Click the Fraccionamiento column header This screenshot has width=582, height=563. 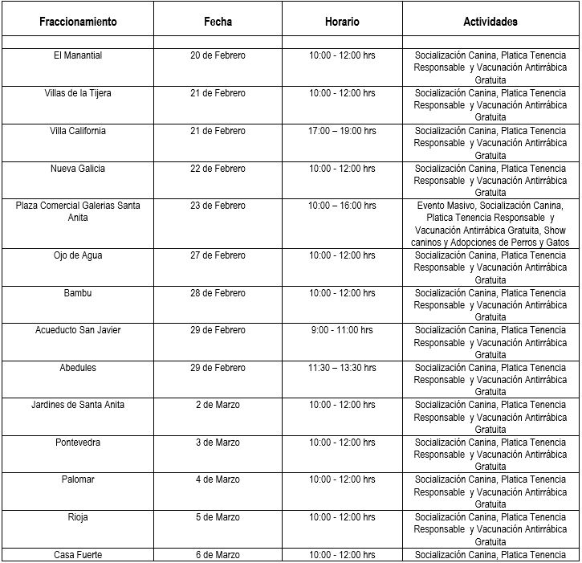click(78, 22)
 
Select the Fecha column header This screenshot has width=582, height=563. click(218, 22)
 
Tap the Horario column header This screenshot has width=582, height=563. click(342, 22)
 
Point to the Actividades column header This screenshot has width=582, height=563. click(490, 22)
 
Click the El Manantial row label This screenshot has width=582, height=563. click(78, 55)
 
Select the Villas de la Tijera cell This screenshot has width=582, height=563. click(78, 93)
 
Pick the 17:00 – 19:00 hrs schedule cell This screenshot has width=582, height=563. click(342, 131)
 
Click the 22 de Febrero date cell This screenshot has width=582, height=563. click(218, 169)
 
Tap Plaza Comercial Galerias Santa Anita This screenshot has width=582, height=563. click(78, 211)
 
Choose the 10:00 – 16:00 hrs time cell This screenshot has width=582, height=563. click(342, 206)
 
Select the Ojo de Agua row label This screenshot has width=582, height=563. click(78, 255)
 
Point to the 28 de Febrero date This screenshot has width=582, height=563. click(218, 293)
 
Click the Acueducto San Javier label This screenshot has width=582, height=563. click(78, 330)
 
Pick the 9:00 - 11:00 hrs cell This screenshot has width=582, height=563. click(342, 330)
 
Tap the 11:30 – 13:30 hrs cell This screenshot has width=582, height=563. click(342, 368)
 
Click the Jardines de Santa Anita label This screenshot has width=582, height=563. click(78, 405)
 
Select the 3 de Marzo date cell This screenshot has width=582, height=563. click(218, 443)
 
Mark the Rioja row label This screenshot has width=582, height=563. click(78, 517)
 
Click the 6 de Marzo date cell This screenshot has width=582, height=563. click(218, 555)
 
